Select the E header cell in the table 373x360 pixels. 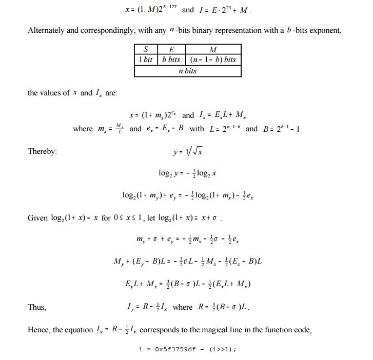(171, 50)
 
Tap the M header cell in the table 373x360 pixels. (213, 50)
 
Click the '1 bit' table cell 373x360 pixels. (146, 59)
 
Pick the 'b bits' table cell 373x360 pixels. (171, 59)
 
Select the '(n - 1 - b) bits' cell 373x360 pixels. (212, 59)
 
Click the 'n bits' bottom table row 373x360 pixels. (187, 71)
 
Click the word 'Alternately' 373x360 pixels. (46, 30)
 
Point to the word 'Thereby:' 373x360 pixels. (42, 152)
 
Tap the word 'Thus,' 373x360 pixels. (37, 308)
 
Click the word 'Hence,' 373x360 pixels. (40, 330)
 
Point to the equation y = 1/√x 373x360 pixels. (187, 152)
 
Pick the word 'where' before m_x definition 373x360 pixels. (83, 129)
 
